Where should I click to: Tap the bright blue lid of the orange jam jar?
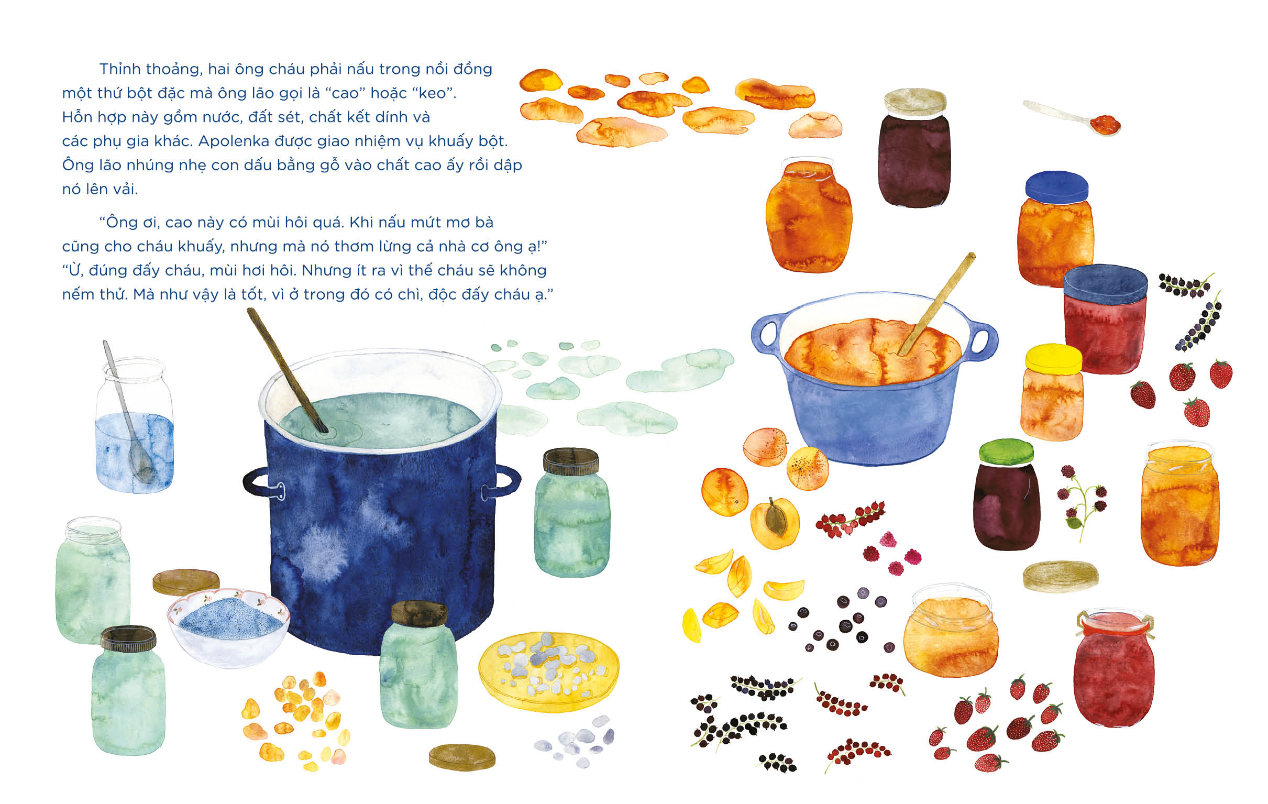(1056, 188)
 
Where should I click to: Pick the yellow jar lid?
(1054, 359)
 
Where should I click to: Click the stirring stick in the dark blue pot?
(288, 371)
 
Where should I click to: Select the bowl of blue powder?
(228, 627)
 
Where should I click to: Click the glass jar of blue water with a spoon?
(135, 425)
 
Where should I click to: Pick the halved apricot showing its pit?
(775, 523)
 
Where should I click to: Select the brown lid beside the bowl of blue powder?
(186, 582)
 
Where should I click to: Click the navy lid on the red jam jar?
(1105, 284)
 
